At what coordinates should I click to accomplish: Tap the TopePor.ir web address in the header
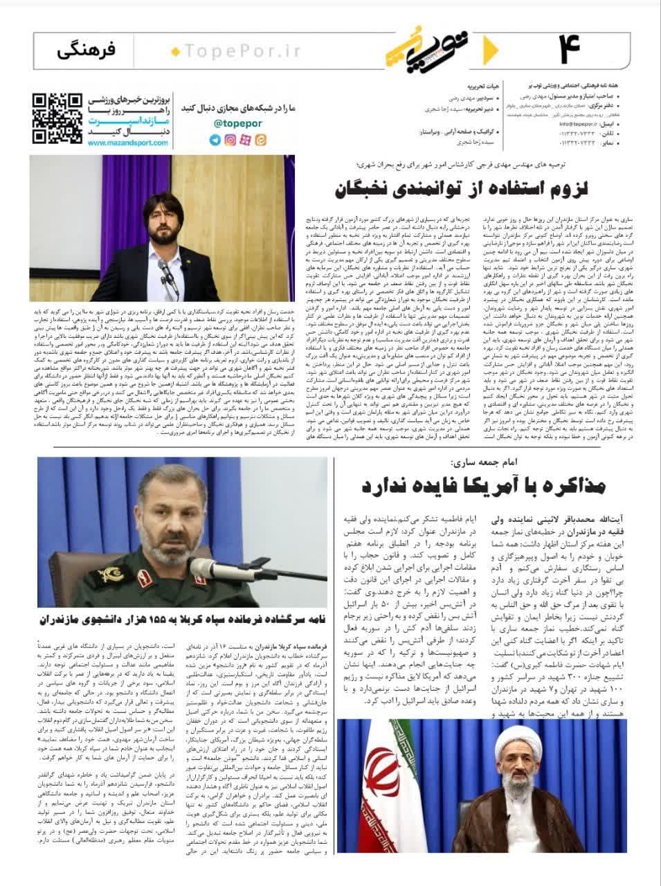[222, 51]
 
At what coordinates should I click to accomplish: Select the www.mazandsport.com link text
[128, 143]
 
